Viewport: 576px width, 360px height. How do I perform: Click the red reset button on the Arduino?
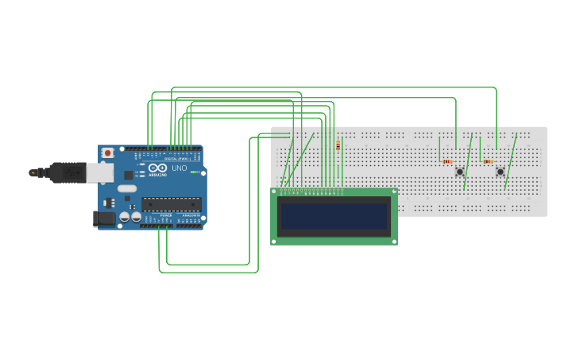click(107, 153)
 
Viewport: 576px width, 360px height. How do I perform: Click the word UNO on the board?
click(179, 168)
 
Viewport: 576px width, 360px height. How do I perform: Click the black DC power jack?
click(103, 219)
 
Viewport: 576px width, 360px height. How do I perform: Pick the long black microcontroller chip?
click(171, 204)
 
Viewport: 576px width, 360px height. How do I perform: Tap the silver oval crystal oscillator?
click(127, 189)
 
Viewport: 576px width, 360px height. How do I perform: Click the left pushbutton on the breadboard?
click(459, 172)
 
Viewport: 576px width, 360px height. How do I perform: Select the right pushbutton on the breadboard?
click(500, 172)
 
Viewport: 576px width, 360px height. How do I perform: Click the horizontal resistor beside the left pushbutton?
click(446, 161)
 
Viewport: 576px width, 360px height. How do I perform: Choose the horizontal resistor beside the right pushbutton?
click(487, 161)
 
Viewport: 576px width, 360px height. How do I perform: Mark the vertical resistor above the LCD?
click(338, 145)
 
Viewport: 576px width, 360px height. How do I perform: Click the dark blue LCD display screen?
click(334, 215)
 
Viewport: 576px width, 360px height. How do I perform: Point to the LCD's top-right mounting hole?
click(393, 192)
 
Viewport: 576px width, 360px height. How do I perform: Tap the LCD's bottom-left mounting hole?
click(275, 240)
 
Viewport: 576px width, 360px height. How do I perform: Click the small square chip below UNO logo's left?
click(128, 174)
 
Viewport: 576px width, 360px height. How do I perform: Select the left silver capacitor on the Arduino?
click(125, 217)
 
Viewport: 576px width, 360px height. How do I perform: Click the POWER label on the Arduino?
click(165, 215)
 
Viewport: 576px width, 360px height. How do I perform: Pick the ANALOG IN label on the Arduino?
click(191, 215)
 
